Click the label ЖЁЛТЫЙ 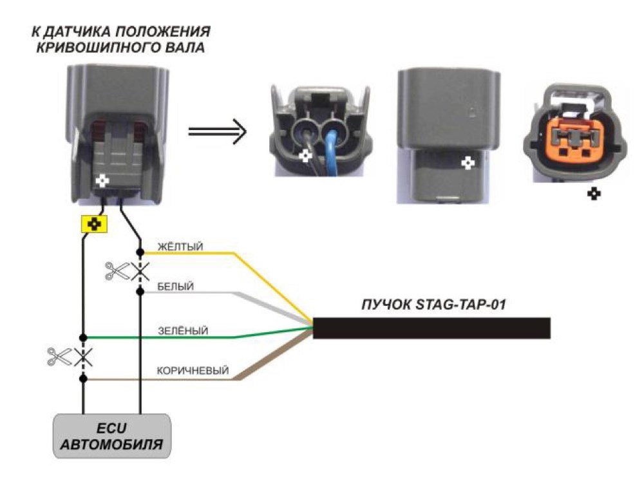180,247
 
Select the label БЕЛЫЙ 175,287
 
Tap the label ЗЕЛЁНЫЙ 183,331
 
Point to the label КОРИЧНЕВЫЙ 193,370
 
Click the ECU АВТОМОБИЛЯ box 111,436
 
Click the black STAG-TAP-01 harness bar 431,328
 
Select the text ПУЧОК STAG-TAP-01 433,305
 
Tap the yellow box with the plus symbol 95,224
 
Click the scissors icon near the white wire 117,271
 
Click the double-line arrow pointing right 217,131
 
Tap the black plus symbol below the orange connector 594,193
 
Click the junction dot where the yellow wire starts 140,252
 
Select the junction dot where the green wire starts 83,337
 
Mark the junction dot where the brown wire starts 83,379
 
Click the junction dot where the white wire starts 140,291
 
